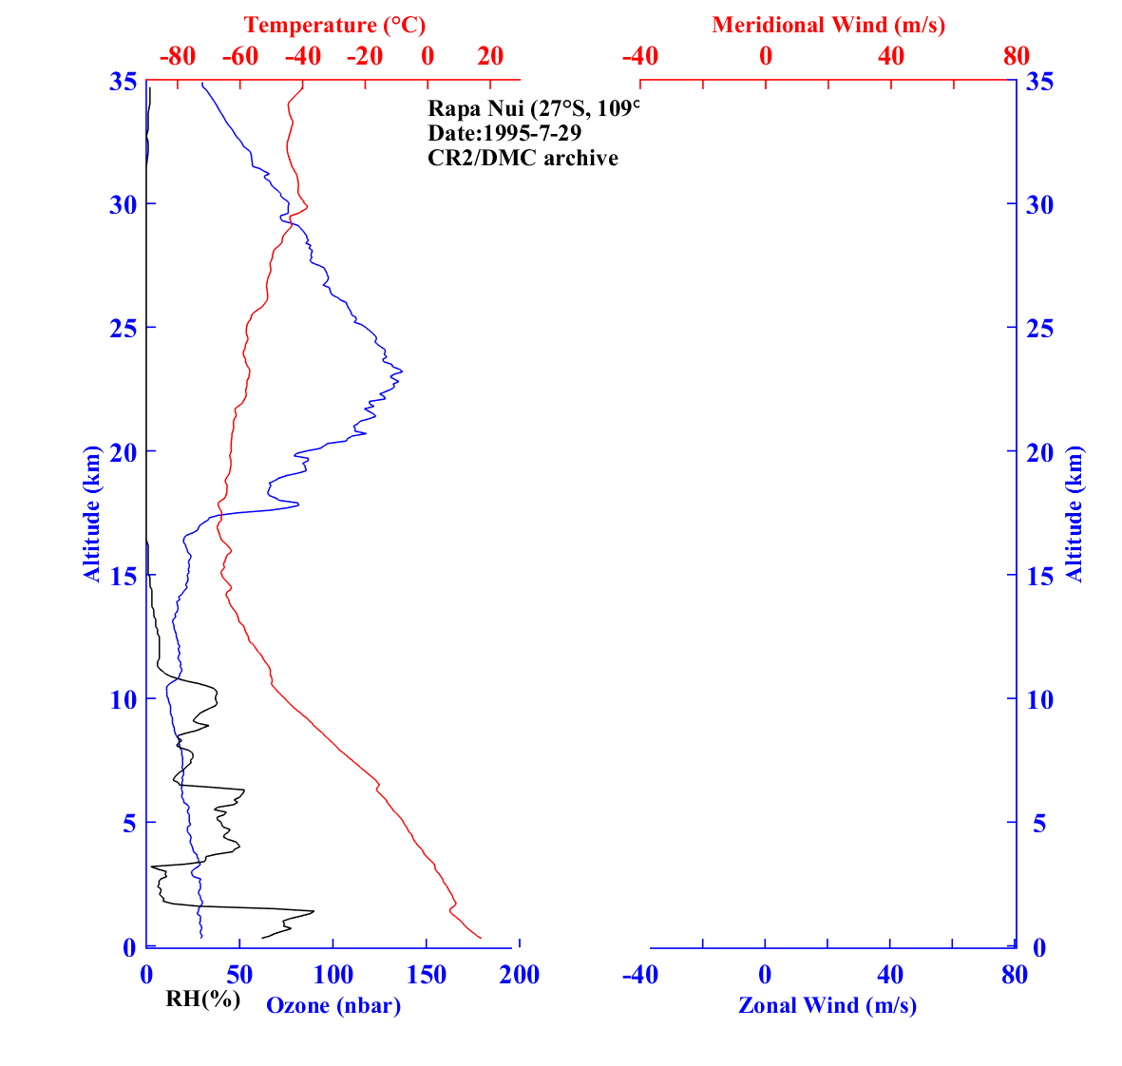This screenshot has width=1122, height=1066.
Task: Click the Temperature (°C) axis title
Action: click(334, 25)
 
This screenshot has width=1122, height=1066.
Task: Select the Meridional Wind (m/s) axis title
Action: click(828, 25)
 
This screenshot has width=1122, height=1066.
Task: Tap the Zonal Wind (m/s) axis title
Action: click(827, 1005)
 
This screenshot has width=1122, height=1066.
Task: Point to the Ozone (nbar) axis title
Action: click(333, 1005)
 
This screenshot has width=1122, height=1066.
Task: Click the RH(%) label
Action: click(203, 999)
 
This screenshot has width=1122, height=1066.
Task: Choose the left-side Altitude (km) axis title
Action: click(92, 513)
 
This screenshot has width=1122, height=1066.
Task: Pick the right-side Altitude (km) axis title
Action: click(1074, 513)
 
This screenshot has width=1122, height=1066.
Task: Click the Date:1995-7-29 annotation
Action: click(504, 132)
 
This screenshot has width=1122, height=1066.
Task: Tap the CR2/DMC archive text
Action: click(523, 158)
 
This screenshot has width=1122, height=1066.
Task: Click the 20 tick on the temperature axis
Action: click(490, 57)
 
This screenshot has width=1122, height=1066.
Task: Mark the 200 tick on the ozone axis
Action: click(520, 975)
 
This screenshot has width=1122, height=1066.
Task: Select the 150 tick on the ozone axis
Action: click(427, 975)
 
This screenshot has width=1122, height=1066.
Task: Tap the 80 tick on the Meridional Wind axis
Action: click(1016, 57)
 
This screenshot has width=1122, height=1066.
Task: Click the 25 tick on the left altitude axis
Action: click(122, 328)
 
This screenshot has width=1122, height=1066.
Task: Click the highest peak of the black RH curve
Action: click(314, 911)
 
